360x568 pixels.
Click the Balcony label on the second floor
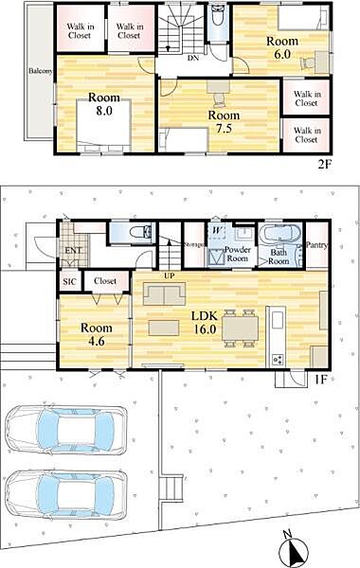(41, 71)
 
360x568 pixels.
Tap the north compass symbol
(295, 549)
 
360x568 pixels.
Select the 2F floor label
(324, 165)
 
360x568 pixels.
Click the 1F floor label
(321, 380)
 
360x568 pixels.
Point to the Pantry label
(316, 245)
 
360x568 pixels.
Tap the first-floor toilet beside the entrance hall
(141, 232)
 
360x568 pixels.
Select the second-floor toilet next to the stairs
(218, 17)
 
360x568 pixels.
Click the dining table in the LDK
(240, 328)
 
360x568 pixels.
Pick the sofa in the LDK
(164, 293)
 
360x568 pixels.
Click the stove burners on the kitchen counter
(279, 359)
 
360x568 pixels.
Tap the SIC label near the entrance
(69, 281)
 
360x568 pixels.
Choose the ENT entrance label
(73, 250)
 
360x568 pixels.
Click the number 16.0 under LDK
(205, 328)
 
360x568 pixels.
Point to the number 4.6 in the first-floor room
(96, 341)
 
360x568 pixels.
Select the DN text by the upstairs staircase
(193, 57)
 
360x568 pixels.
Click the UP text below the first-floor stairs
(170, 275)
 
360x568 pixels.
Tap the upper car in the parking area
(67, 430)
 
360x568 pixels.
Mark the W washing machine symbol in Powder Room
(216, 230)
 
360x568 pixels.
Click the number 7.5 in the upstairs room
(224, 129)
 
